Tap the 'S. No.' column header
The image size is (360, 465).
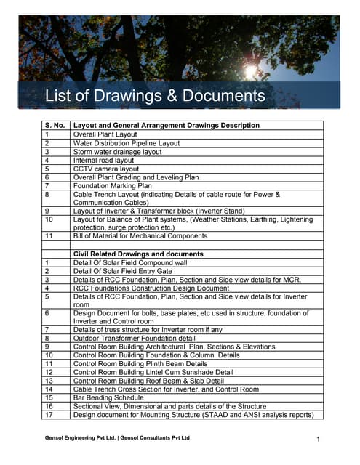click(x=57, y=126)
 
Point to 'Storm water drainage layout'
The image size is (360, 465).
click(x=118, y=153)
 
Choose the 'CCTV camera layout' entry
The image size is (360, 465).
click(x=106, y=169)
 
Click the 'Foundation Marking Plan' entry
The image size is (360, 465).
click(x=113, y=186)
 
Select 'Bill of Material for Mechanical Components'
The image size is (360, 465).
click(x=140, y=236)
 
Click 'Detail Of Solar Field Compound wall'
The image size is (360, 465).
click(x=129, y=262)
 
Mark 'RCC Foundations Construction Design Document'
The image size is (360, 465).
click(x=151, y=288)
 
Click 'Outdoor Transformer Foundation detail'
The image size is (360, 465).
click(x=134, y=338)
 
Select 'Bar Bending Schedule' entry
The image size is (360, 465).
click(x=109, y=397)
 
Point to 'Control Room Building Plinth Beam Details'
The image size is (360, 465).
click(x=140, y=363)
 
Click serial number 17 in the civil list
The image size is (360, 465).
click(x=49, y=415)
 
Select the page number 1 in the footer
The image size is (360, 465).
click(x=319, y=440)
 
